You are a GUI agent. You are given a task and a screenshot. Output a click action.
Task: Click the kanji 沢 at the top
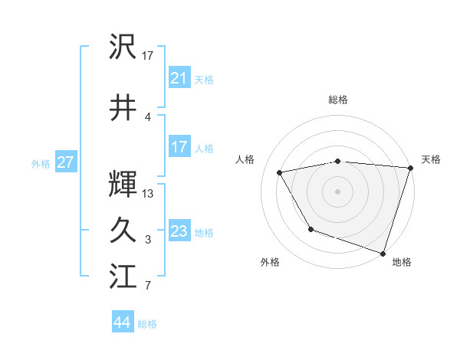coord(123,47)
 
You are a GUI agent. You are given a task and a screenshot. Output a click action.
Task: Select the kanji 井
coord(123,108)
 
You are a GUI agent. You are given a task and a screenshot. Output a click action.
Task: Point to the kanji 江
coord(123,276)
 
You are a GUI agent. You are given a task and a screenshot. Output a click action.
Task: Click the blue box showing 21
coord(179,77)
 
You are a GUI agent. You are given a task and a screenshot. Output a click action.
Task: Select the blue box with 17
coord(179,147)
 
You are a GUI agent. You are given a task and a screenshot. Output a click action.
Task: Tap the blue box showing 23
coord(179,231)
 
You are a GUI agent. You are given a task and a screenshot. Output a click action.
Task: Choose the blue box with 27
coord(65,162)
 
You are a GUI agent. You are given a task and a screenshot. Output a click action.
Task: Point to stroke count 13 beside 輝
coord(148,194)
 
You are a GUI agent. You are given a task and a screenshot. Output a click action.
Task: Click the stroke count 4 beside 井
coord(148,117)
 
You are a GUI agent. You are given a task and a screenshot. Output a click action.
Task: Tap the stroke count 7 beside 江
coord(148,286)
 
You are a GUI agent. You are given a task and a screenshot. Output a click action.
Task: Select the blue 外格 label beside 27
coord(41,163)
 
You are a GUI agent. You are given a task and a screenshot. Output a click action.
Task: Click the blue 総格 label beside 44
coord(147,324)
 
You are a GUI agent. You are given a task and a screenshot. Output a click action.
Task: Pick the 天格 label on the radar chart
coord(431,159)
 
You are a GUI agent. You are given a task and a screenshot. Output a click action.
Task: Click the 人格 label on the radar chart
coord(246,159)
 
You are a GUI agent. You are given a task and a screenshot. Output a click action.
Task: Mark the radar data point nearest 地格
coord(382,252)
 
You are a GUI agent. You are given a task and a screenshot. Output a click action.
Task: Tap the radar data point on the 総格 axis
coord(338,161)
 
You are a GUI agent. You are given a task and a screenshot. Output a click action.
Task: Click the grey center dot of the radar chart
coord(338,191)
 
